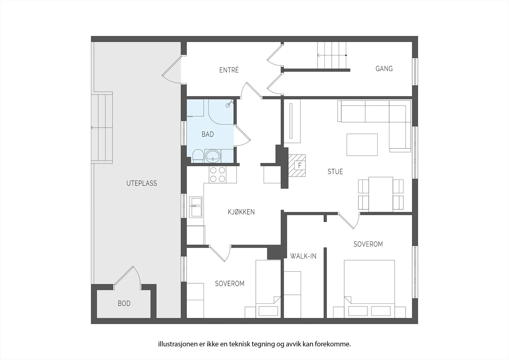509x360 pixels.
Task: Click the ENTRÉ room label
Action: click(229, 70)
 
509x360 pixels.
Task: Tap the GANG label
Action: click(384, 68)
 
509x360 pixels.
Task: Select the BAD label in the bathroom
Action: click(208, 134)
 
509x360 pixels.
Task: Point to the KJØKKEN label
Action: click(241, 212)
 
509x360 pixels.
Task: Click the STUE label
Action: click(335, 172)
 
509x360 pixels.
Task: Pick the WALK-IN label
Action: click(303, 256)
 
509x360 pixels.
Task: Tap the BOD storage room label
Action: click(124, 303)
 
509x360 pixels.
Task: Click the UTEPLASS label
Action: click(142, 183)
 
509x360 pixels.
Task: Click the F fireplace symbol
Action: click(299, 165)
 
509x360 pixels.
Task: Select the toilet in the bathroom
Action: click(198, 156)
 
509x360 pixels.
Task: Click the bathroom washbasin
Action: click(213, 156)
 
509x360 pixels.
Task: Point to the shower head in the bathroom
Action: click(229, 103)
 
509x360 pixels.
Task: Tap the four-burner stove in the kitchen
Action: click(218, 175)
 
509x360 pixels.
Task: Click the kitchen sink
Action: click(196, 207)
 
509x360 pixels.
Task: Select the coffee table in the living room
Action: click(362, 145)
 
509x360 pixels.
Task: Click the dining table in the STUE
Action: click(381, 194)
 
